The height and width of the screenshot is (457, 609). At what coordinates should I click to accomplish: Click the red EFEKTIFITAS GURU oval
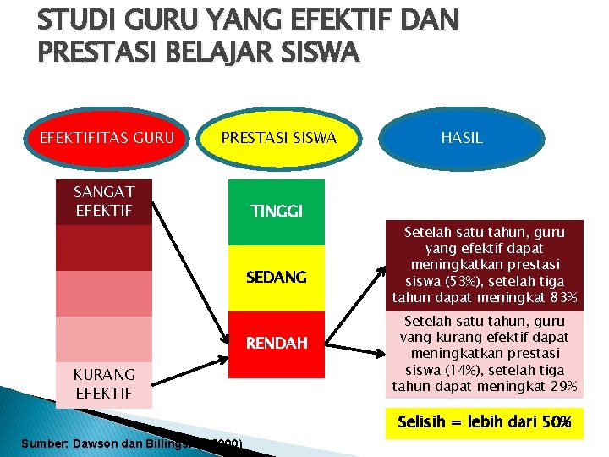(x=101, y=137)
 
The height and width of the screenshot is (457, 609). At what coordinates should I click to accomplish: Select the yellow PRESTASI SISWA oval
(x=278, y=137)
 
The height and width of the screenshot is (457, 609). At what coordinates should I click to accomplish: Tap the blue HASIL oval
(x=461, y=137)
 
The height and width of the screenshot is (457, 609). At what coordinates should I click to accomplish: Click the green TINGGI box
(x=276, y=211)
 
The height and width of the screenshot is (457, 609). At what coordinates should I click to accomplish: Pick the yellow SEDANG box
(x=276, y=277)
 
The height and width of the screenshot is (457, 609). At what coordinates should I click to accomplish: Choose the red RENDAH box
(x=276, y=343)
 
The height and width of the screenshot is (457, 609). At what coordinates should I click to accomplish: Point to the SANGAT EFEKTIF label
(x=103, y=201)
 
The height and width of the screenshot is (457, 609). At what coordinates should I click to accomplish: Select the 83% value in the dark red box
(x=561, y=298)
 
